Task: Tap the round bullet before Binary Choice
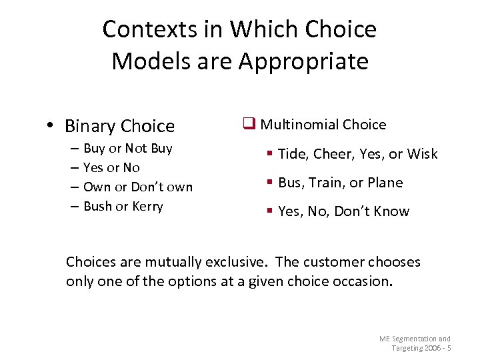(51, 126)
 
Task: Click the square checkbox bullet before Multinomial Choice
(249, 124)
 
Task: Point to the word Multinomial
(299, 125)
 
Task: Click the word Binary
(91, 126)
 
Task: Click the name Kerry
(147, 206)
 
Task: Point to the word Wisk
(422, 154)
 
